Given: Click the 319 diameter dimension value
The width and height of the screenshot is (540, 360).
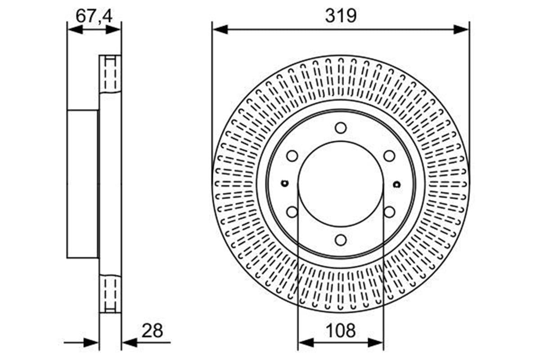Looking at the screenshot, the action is pos(341,16).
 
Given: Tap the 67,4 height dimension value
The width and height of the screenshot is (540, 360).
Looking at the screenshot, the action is pos(94,16).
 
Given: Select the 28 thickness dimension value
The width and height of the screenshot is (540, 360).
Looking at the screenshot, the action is pos(152,331).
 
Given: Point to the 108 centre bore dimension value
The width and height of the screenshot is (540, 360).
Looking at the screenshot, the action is pos(341,331).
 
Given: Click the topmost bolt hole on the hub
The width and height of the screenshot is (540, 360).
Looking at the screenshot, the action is pos(341,128).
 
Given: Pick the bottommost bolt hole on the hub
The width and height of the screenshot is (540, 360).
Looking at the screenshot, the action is pos(341,240).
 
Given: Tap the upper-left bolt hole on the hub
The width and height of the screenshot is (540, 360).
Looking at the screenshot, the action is pos(292,156).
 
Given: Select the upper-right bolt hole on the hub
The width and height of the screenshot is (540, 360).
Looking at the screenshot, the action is pos(389,156).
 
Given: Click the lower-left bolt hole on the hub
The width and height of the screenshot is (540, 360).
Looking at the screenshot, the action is pos(292,212).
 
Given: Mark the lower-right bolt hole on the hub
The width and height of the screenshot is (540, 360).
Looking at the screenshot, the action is pos(389,212).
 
